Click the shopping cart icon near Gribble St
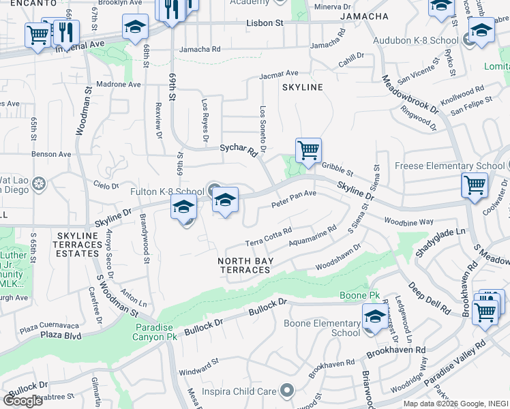[308, 150]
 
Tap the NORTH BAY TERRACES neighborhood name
[244, 265]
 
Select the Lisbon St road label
[265, 23]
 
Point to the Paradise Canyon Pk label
[153, 332]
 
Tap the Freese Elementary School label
[449, 166]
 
